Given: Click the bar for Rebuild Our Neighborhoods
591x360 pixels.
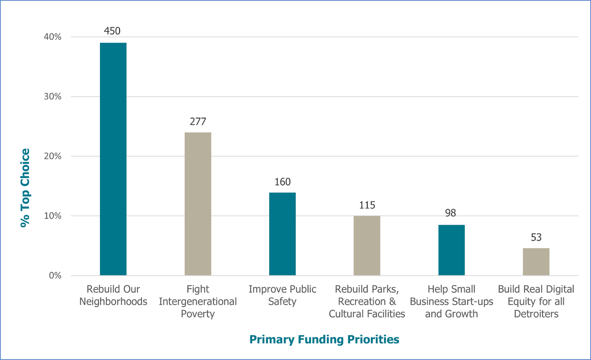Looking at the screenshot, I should click(113, 159).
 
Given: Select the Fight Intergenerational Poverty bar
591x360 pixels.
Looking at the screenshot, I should click(198, 204).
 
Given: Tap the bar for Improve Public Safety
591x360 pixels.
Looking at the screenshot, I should click(282, 234).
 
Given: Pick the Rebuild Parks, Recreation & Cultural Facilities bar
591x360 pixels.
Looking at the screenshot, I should click(367, 246).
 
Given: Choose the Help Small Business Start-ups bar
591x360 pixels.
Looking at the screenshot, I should click(451, 250).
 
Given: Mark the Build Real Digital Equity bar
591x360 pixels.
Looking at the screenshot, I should click(536, 261).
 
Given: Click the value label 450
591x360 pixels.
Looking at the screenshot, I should click(112, 31).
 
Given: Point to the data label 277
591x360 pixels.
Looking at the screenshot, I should click(198, 121).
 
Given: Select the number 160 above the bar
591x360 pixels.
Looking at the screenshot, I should click(283, 182).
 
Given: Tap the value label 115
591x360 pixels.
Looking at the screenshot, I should click(367, 205).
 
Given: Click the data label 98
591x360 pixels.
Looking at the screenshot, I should click(451, 213).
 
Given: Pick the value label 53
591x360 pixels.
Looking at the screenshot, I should click(536, 237).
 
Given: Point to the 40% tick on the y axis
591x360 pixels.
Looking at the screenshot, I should click(52, 37).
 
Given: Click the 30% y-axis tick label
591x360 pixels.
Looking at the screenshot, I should click(52, 97).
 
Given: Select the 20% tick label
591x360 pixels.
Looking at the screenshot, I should click(52, 156).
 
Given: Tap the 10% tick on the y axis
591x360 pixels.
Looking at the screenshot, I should click(52, 216).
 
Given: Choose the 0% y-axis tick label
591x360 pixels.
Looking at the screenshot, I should click(55, 276).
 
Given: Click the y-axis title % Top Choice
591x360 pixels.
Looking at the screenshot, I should click(25, 188).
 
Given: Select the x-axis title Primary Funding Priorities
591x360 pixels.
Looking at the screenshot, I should click(324, 339).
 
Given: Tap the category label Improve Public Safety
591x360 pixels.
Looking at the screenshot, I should click(283, 295).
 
